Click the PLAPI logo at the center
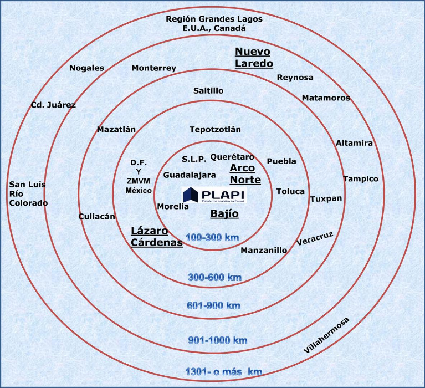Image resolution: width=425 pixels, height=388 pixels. [x=214, y=196]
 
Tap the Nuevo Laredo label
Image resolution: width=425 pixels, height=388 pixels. [x=253, y=57]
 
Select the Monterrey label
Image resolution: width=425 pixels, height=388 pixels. [x=153, y=68]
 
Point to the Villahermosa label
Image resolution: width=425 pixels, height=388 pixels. [x=327, y=336]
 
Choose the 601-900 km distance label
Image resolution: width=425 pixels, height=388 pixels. [x=213, y=305]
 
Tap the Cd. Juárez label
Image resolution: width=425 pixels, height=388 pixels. [x=53, y=104]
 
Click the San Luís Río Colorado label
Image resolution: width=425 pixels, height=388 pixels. [x=28, y=193]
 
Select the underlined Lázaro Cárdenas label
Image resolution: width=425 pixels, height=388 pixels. [x=157, y=237]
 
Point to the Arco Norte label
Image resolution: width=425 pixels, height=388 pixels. [x=245, y=174]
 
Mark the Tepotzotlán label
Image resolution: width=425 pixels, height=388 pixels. [x=216, y=130]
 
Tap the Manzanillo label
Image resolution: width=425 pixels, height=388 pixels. [x=264, y=250]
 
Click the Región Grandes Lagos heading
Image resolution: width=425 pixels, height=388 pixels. [x=214, y=23]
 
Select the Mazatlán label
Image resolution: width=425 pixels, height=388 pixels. [x=116, y=130]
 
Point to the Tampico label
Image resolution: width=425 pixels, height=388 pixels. [x=360, y=179]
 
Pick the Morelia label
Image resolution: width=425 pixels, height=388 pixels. [x=173, y=206]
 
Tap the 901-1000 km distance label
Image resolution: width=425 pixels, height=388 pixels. [x=217, y=340]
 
